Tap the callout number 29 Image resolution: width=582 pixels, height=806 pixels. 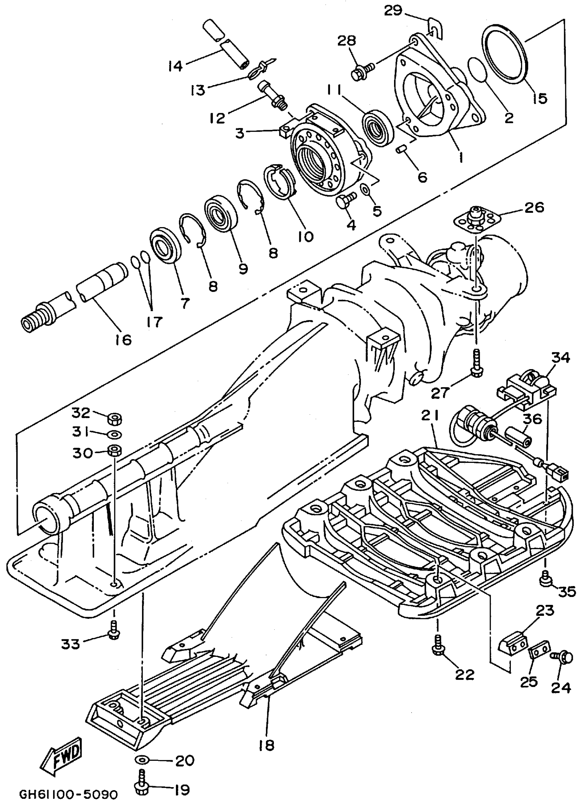coord(393,11)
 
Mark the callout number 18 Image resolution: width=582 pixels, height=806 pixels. coord(267,744)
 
